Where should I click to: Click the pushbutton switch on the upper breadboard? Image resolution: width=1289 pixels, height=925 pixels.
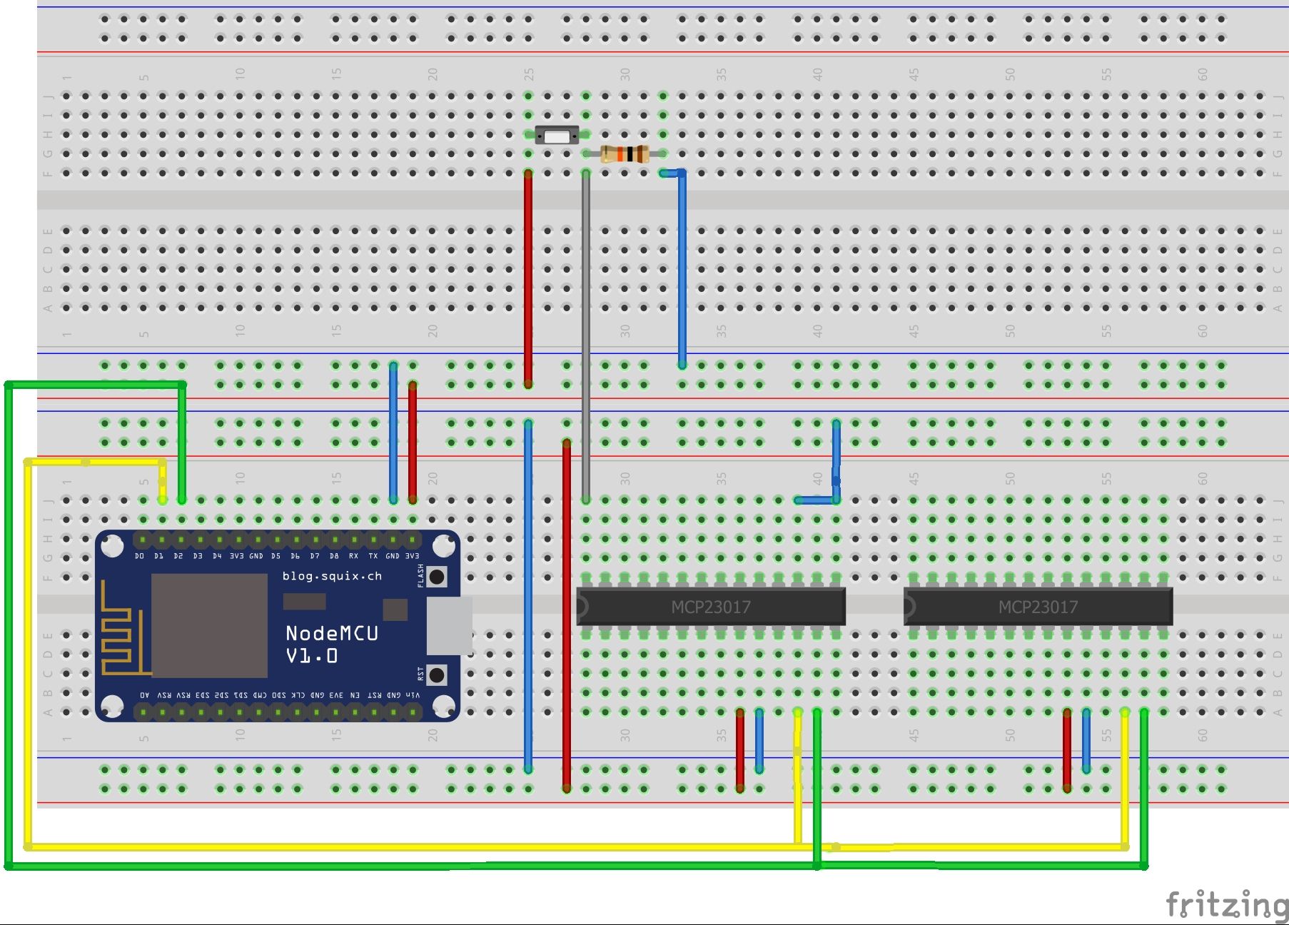pyautogui.click(x=557, y=135)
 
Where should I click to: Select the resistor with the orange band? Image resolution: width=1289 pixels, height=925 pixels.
pyautogui.click(x=624, y=153)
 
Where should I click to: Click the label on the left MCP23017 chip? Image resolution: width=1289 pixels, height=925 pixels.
pyautogui.click(x=711, y=607)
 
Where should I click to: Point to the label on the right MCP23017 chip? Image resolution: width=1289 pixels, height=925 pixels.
pyautogui.click(x=1038, y=607)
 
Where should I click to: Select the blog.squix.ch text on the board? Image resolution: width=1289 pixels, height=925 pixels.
pyautogui.click(x=332, y=576)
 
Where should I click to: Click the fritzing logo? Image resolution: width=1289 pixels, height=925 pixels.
pyautogui.click(x=1226, y=904)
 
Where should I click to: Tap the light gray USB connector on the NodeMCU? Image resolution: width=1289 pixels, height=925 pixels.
pyautogui.click(x=449, y=626)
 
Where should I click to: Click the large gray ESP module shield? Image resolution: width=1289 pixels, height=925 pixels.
pyautogui.click(x=209, y=625)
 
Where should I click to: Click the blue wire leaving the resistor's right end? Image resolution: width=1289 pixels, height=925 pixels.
pyautogui.click(x=682, y=271)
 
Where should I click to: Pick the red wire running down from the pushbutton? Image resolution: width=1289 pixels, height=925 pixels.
pyautogui.click(x=528, y=278)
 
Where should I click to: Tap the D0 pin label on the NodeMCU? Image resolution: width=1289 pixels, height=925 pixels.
pyautogui.click(x=139, y=556)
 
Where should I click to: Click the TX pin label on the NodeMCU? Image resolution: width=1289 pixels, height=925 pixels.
pyautogui.click(x=373, y=556)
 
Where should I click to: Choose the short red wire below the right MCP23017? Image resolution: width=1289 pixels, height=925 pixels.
pyautogui.click(x=1067, y=749)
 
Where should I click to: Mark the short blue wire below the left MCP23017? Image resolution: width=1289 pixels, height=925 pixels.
pyautogui.click(x=759, y=741)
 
